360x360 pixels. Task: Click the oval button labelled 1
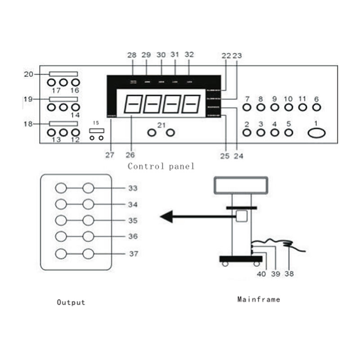(x=317, y=133)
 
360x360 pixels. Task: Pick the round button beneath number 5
(x=289, y=133)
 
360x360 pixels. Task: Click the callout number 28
(x=132, y=54)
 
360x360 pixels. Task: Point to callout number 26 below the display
(x=130, y=155)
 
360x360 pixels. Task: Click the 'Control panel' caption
(x=161, y=166)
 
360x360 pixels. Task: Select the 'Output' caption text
(x=71, y=302)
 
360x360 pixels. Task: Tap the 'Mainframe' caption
(x=258, y=299)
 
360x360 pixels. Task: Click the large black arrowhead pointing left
(x=167, y=217)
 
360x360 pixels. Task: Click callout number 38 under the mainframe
(x=289, y=273)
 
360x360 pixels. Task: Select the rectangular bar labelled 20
(x=63, y=73)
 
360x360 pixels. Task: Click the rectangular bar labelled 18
(x=63, y=123)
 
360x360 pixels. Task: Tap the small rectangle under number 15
(x=97, y=130)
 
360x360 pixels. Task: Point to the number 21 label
(x=161, y=124)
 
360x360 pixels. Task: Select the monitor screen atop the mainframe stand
(x=241, y=184)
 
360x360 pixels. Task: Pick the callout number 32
(x=189, y=54)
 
